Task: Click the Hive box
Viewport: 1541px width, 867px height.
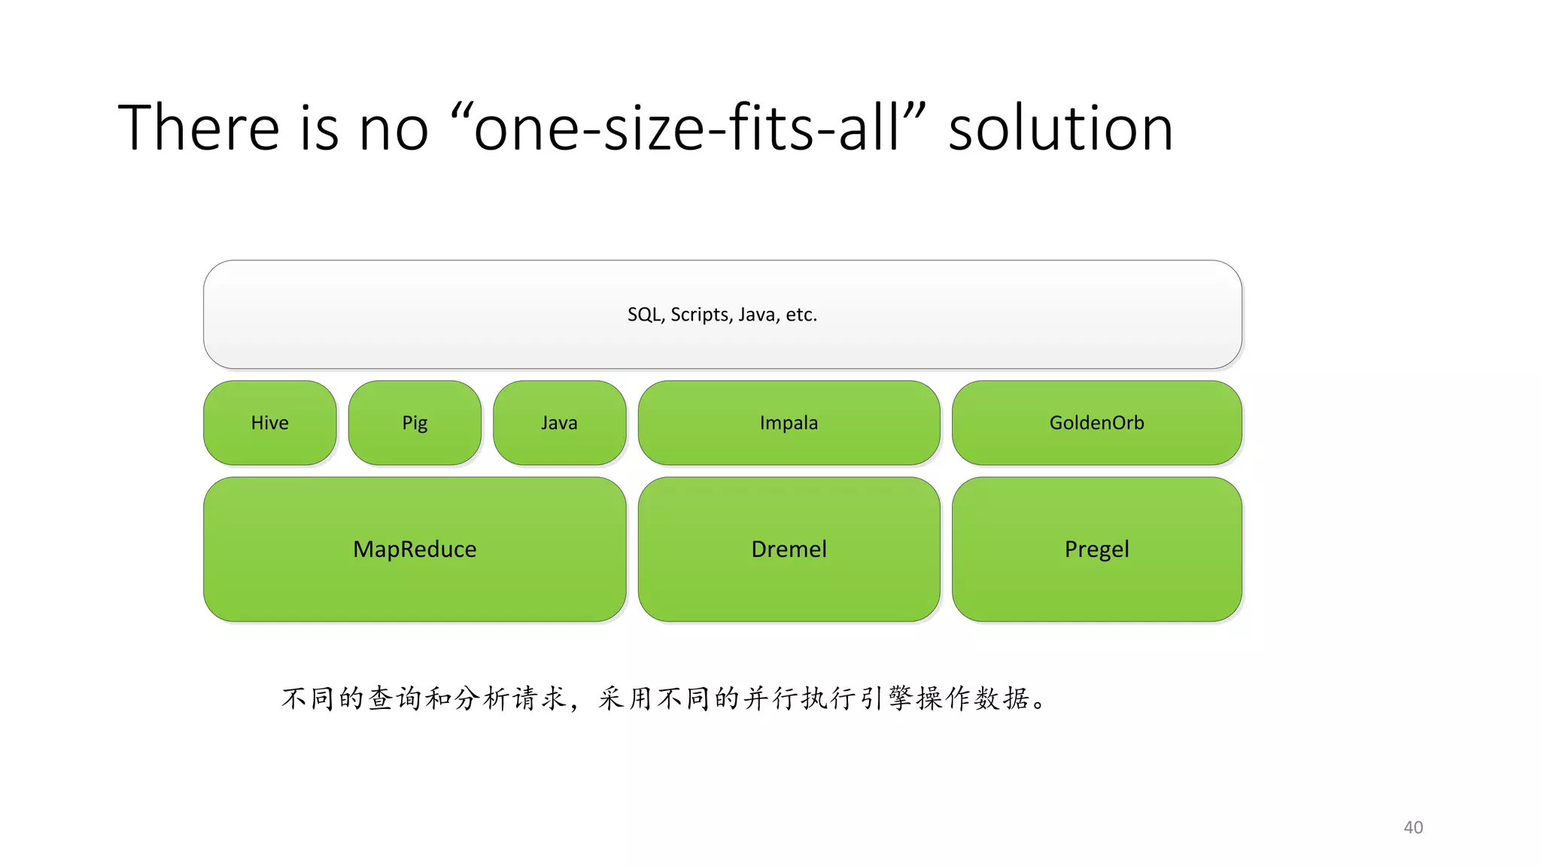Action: click(269, 423)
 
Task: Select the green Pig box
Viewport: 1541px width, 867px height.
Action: click(415, 423)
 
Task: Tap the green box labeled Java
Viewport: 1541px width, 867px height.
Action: click(559, 423)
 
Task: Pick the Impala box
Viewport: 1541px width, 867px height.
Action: click(789, 423)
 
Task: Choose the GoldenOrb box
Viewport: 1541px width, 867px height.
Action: click(1096, 423)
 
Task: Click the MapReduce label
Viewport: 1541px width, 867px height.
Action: click(415, 549)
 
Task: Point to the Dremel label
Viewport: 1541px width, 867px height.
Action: click(789, 549)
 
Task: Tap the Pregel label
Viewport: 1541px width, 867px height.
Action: click(1096, 549)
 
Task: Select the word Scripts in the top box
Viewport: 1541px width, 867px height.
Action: click(701, 315)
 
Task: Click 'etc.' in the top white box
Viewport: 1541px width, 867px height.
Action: click(801, 315)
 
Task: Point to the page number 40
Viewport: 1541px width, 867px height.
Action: click(1413, 827)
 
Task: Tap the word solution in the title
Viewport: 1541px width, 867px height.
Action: click(1060, 128)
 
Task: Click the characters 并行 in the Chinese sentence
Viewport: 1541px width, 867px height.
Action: click(770, 698)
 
